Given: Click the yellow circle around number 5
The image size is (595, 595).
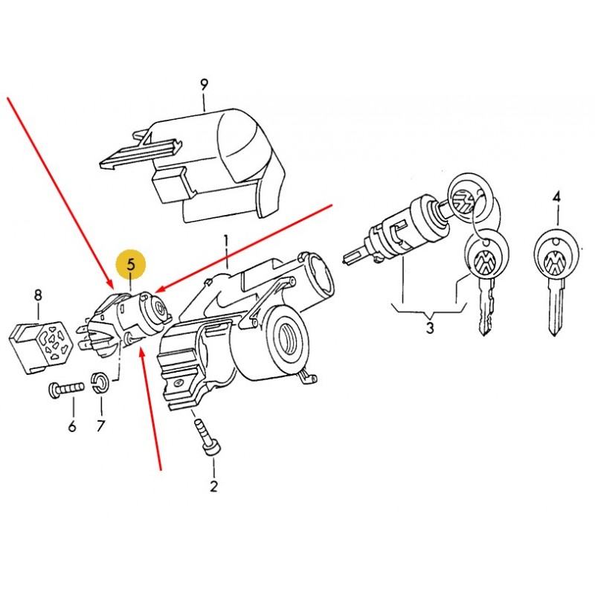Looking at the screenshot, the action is pos(131,264).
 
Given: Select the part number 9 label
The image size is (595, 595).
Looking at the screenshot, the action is pos(204,85).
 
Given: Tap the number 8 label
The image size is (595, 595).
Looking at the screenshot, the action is pos(38,295).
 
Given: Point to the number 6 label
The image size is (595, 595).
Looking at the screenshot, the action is pos(72,427).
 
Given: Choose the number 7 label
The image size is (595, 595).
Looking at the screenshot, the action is pos(100,426).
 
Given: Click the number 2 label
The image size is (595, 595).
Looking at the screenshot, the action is pos(213,486).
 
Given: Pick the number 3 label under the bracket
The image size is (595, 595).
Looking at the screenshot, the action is pos(430,327).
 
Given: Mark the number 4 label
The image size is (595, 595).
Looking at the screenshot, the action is pos(556,197).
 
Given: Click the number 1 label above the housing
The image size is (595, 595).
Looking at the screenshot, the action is pos(226,242).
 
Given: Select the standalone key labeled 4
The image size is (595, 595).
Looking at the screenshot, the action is pos(556,279).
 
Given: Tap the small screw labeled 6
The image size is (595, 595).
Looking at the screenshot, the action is pos(67,389).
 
